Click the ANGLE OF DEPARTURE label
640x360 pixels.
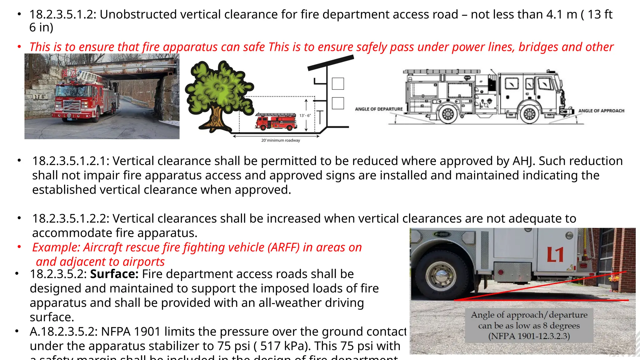coord(379,109)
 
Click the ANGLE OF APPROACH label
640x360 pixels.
coord(601,111)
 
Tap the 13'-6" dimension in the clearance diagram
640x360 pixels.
coord(305,116)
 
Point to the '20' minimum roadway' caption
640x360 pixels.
coord(281,141)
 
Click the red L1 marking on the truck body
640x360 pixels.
coord(555,255)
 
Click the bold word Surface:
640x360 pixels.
coord(114,274)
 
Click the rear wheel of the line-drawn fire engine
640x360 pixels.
coord(448,114)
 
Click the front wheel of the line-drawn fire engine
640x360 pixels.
coord(529,114)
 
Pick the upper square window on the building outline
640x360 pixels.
coord(338,84)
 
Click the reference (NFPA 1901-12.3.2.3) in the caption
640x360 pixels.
coord(529,336)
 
